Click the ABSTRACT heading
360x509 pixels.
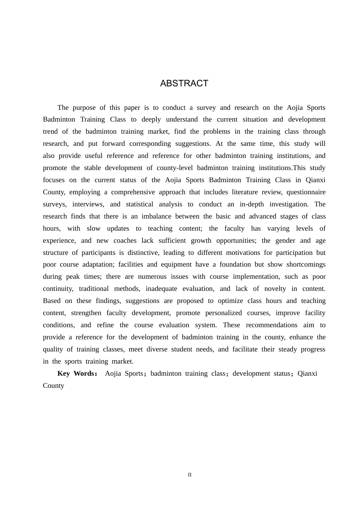pyautogui.click(x=184, y=84)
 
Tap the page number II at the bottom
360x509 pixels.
pyautogui.click(x=190, y=475)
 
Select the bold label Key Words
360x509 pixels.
pyautogui.click(x=77, y=373)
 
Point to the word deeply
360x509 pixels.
pyautogui.click(x=151, y=119)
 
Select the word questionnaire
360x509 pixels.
pyautogui.click(x=306, y=192)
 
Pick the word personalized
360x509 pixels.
pyautogui.click(x=224, y=313)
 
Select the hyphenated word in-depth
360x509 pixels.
pyautogui.click(x=252, y=204)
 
